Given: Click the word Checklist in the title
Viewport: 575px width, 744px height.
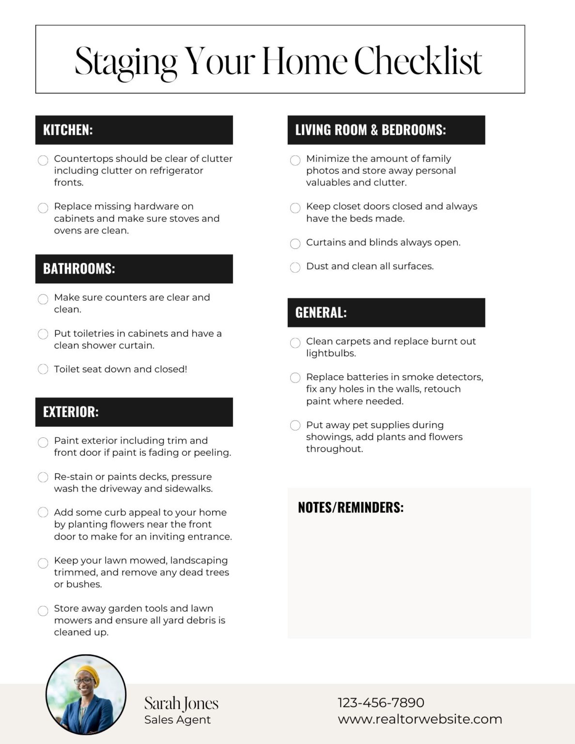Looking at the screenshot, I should click(x=418, y=62).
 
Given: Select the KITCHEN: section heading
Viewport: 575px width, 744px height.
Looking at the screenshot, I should click(x=68, y=130).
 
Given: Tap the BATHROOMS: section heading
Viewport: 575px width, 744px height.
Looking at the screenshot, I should click(x=79, y=269).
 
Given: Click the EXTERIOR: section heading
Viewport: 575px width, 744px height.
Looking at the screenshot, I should click(x=71, y=412).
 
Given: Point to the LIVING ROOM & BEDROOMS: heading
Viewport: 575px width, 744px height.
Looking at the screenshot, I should click(x=370, y=130).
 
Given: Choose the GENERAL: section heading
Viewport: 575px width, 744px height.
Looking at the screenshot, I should click(x=321, y=312).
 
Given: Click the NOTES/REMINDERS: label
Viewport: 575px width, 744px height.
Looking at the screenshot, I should click(x=350, y=507).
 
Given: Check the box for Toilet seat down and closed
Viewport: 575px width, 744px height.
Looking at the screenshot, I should click(x=43, y=369).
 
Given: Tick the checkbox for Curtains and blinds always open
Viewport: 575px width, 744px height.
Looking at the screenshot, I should click(x=295, y=243).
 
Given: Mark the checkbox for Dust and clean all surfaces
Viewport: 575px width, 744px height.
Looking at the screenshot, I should click(x=295, y=267).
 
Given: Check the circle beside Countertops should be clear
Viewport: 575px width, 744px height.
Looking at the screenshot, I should click(x=43, y=160).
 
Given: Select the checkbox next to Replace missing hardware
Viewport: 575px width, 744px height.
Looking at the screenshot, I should click(x=43, y=208).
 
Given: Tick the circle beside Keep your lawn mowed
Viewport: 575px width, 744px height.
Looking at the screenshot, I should click(x=43, y=563).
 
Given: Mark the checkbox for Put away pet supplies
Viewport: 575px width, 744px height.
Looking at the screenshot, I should click(x=295, y=425).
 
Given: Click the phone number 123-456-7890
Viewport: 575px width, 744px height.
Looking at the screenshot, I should click(x=381, y=702).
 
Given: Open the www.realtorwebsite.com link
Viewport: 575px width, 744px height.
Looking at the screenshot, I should click(x=420, y=719).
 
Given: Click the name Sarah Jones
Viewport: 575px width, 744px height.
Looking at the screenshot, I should click(x=181, y=703).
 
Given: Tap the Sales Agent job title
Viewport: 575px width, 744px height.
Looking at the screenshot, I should click(x=177, y=720).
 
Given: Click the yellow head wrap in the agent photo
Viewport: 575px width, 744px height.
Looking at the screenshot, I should click(x=89, y=673).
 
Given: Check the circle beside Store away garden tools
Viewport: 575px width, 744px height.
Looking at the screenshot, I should click(x=43, y=610).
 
